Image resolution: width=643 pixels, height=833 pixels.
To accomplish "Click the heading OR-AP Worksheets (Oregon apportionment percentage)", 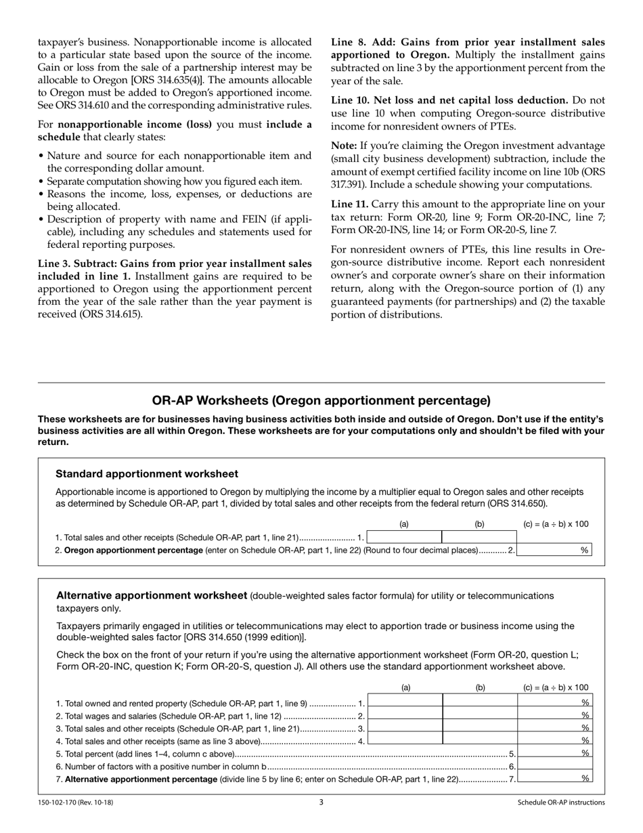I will pyautogui.click(x=321, y=400).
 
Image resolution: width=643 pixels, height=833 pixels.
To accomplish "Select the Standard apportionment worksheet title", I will pyautogui.click(x=147, y=474).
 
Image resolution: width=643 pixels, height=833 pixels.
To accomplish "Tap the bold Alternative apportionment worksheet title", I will pyautogui.click(x=152, y=596).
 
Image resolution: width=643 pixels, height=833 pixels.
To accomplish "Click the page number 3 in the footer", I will pyautogui.click(x=321, y=803).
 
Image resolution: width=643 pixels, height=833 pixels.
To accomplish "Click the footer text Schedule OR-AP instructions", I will pyautogui.click(x=561, y=803).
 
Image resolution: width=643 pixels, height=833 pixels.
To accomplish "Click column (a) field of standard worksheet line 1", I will pyautogui.click(x=404, y=537).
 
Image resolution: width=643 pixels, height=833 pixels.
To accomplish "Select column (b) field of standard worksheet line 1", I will pyautogui.click(x=479, y=537).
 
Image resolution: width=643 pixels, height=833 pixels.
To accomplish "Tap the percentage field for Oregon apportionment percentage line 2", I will pyautogui.click(x=553, y=551).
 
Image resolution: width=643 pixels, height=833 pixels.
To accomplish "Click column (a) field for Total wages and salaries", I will pyautogui.click(x=405, y=716).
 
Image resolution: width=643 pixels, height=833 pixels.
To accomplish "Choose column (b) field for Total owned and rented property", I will pyautogui.click(x=480, y=703).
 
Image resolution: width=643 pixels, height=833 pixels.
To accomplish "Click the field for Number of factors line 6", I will pyautogui.click(x=554, y=767).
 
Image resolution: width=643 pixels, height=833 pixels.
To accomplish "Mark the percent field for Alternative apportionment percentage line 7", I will pyautogui.click(x=554, y=779).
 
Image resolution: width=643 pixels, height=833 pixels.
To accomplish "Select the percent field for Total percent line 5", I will pyautogui.click(x=554, y=754).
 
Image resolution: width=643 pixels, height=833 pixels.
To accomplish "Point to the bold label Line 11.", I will pyautogui.click(x=349, y=204).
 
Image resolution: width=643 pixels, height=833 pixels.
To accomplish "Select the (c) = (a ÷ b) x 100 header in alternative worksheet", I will pyautogui.click(x=556, y=687).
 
